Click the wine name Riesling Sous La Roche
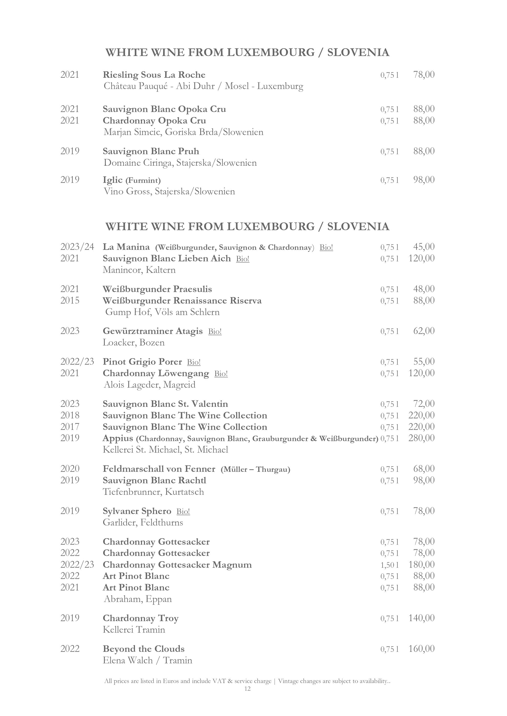pyautogui.click(x=154, y=75)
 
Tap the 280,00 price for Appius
pyautogui.click(x=421, y=438)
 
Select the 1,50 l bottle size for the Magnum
pyautogui.click(x=389, y=565)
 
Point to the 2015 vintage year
pyautogui.click(x=70, y=301)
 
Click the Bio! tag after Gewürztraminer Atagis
pyautogui.click(x=215, y=331)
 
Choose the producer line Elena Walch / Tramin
pyautogui.click(x=147, y=661)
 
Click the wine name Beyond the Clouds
pyautogui.click(x=144, y=649)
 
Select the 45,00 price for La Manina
pyautogui.click(x=424, y=247)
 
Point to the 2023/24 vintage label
pyautogui.click(x=77, y=247)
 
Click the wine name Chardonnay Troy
pyautogui.click(x=141, y=618)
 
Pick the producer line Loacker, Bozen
pyautogui.click(x=134, y=343)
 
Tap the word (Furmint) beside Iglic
pyautogui.click(x=143, y=180)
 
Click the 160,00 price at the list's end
pyautogui.click(x=421, y=649)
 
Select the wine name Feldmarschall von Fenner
pyautogui.click(x=159, y=469)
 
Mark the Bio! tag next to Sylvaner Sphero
pyautogui.click(x=183, y=511)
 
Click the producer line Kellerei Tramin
pyautogui.click(x=134, y=630)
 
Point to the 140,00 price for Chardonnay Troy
pyautogui.click(x=421, y=618)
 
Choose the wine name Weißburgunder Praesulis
pyautogui.click(x=157, y=289)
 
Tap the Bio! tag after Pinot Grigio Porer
pyautogui.click(x=194, y=362)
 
